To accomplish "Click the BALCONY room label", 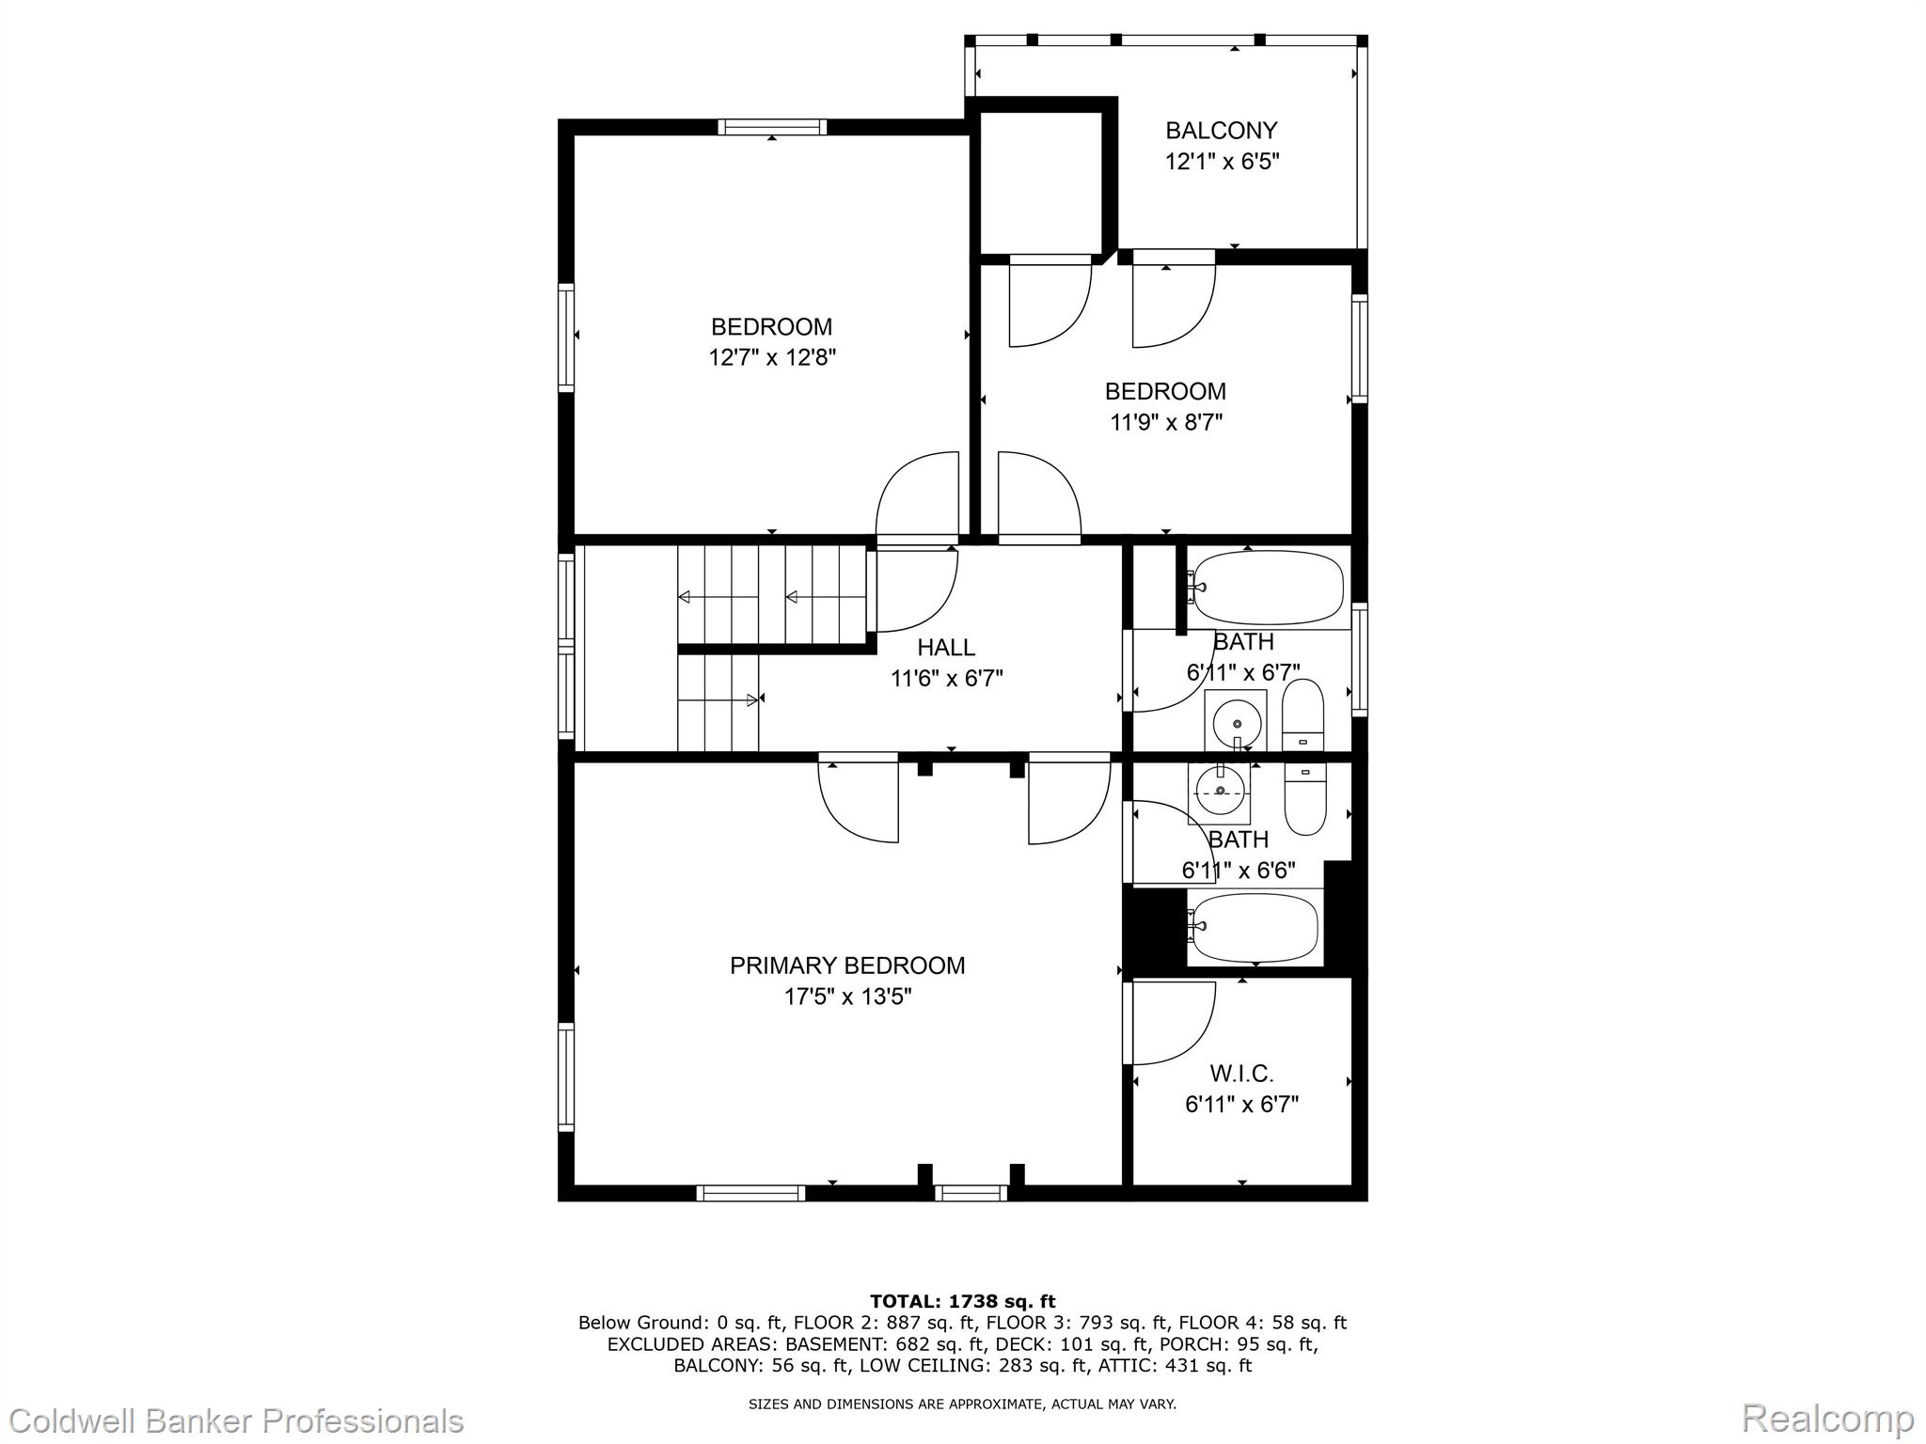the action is [x=1222, y=131].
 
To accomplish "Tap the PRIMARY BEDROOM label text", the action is [x=847, y=965].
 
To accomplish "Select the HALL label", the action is [x=946, y=647].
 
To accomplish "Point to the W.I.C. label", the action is [x=1241, y=1073].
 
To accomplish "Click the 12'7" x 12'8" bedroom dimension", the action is [x=772, y=357].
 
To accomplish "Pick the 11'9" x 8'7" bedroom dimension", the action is [x=1166, y=422].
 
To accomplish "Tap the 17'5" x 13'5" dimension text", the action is [x=848, y=997].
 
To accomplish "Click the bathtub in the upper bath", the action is [x=1266, y=588].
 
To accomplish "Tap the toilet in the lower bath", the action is [x=1304, y=799].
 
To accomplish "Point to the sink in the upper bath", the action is [x=1236, y=722].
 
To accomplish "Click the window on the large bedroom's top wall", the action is [x=773, y=127].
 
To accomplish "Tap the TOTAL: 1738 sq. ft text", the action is [x=963, y=1301].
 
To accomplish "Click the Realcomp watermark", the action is [x=1827, y=1418].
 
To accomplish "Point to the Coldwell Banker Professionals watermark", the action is [x=232, y=1420].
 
